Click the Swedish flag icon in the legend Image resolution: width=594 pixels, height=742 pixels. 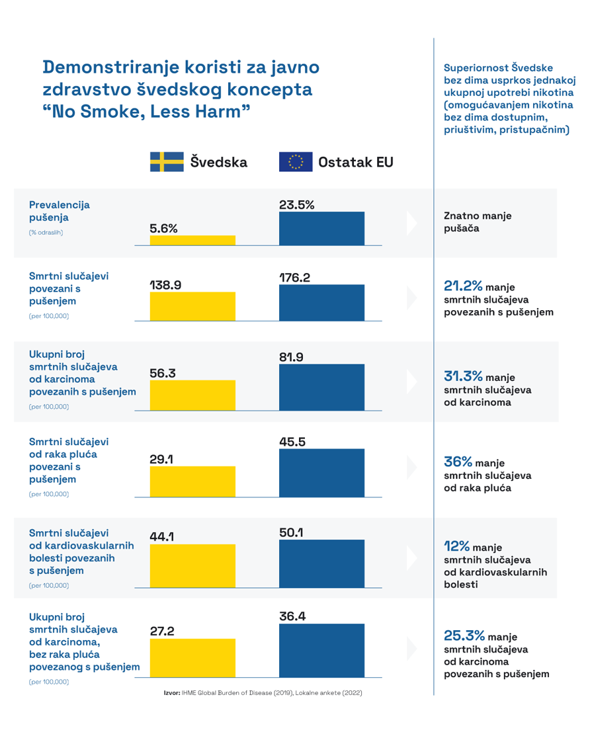tap(167, 162)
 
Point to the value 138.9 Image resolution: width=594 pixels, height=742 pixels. tap(165, 285)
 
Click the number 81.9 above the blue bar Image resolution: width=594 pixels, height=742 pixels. tap(291, 357)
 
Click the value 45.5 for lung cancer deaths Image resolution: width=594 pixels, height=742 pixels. tap(292, 442)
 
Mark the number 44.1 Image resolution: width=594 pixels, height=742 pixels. tap(162, 536)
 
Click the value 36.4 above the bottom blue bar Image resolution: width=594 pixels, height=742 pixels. tap(292, 616)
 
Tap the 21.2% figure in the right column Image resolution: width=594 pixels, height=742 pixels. tap(463, 286)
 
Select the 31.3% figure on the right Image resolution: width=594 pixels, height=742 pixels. tap(463, 376)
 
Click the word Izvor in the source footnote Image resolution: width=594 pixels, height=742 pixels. tap(172, 693)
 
